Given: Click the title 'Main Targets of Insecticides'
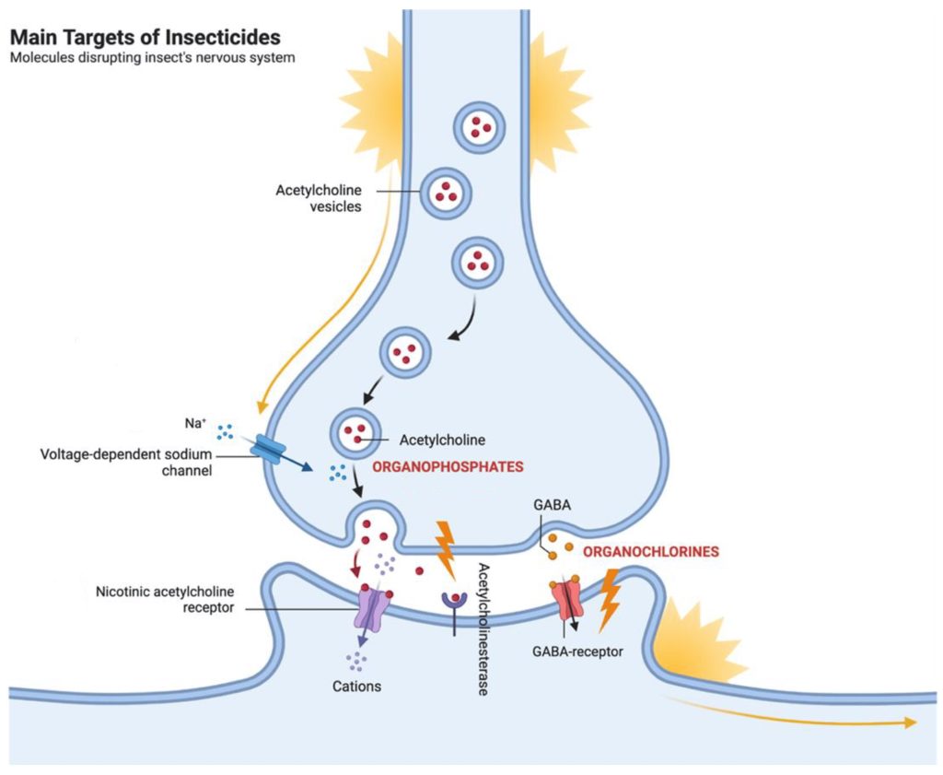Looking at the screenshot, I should [x=145, y=38].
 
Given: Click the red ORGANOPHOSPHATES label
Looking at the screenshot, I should [x=448, y=467].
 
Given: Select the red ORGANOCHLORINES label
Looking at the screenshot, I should [x=649, y=552].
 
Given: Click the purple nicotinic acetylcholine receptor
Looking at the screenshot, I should [x=369, y=609].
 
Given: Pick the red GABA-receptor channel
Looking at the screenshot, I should [x=565, y=602].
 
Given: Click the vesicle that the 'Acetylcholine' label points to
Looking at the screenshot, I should [x=355, y=431].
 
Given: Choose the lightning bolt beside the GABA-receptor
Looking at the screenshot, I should [x=609, y=599].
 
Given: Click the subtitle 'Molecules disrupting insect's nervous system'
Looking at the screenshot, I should [x=152, y=58].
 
